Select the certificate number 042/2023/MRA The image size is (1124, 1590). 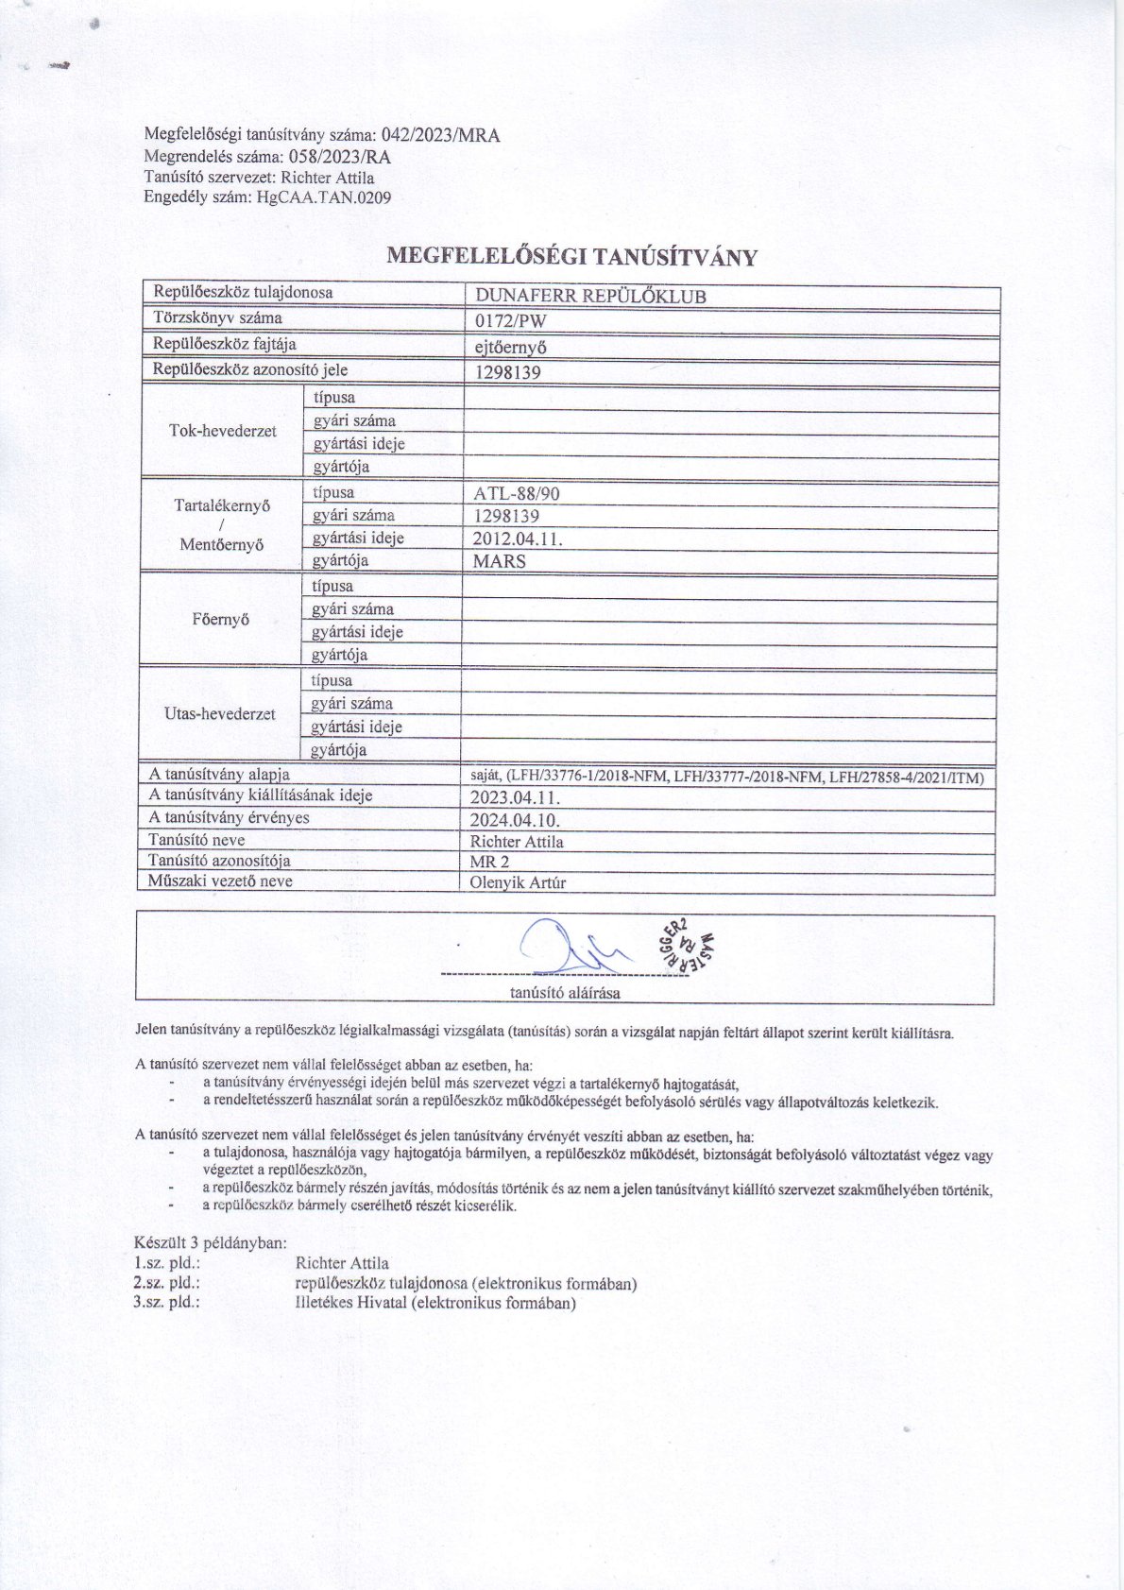440,135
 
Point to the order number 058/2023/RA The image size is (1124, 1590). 337,157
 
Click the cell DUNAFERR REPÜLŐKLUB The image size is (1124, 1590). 591,296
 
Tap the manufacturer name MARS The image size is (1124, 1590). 500,561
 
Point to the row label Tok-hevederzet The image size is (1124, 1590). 223,431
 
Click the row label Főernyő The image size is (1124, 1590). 220,620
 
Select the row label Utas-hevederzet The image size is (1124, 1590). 220,713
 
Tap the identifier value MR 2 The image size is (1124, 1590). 489,862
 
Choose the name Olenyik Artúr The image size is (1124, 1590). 518,883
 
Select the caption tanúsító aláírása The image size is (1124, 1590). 565,992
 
